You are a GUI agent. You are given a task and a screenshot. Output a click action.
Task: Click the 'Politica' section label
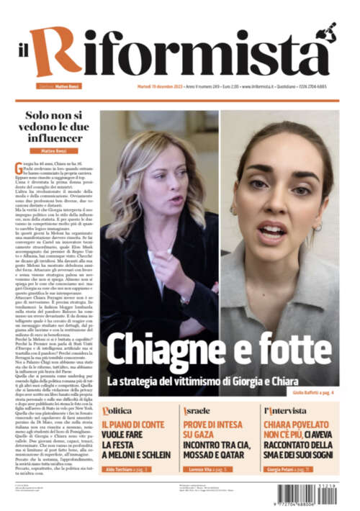pos(117,410)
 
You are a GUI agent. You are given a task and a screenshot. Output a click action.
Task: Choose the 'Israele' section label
pos(197,410)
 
